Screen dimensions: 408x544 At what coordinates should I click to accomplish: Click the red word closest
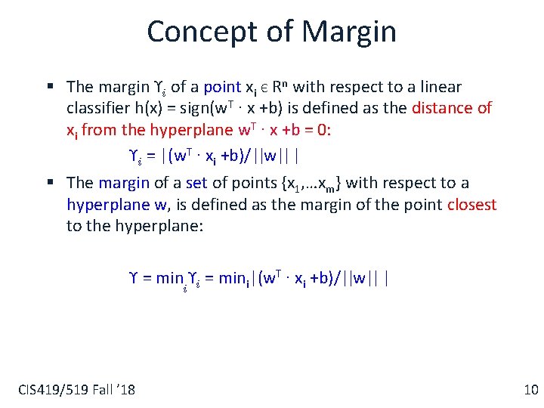(x=471, y=204)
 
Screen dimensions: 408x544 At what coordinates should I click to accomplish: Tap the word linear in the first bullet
(x=437, y=87)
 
